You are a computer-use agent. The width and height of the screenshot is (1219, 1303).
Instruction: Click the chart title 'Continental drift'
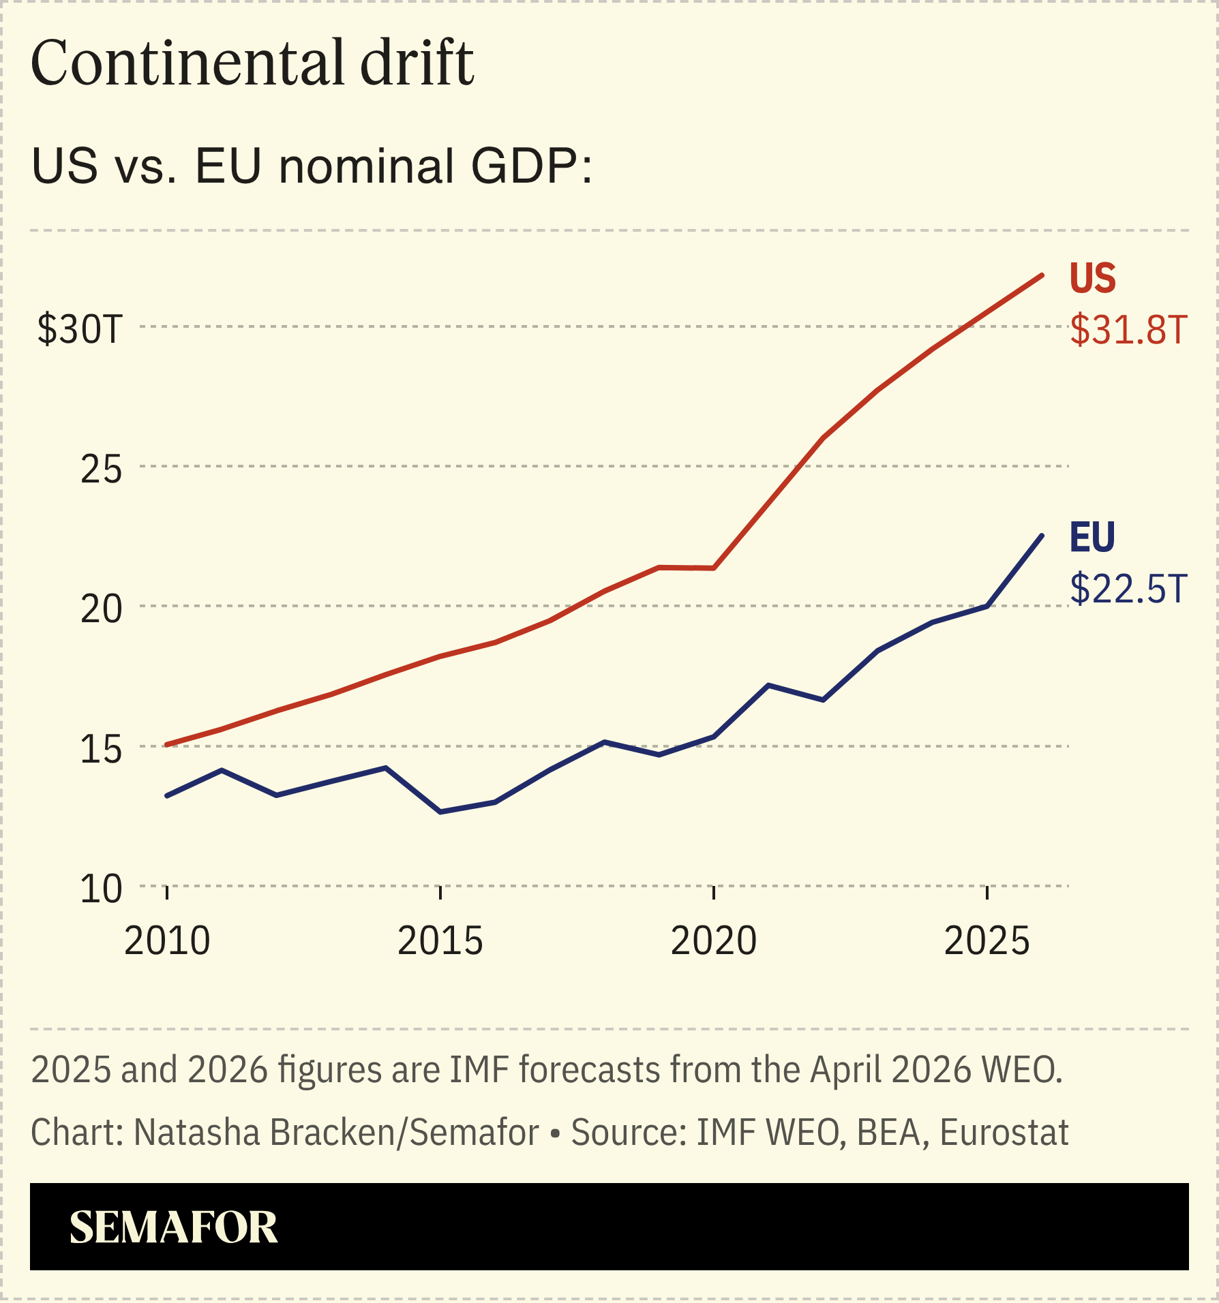pyautogui.click(x=252, y=63)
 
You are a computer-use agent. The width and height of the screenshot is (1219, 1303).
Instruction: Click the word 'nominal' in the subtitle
pyautogui.click(x=367, y=166)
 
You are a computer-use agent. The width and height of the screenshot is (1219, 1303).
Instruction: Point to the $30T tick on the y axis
pyautogui.click(x=80, y=329)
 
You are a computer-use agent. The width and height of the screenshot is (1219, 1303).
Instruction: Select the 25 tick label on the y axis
pyautogui.click(x=101, y=469)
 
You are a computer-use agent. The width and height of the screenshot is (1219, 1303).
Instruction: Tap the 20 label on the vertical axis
pyautogui.click(x=101, y=609)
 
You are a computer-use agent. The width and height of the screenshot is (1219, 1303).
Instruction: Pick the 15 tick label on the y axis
pyautogui.click(x=101, y=749)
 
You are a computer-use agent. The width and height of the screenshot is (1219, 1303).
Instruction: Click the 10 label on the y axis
pyautogui.click(x=101, y=889)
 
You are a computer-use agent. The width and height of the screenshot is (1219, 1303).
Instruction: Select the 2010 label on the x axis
pyautogui.click(x=167, y=941)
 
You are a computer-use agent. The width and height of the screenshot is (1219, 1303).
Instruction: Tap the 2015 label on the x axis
pyautogui.click(x=440, y=941)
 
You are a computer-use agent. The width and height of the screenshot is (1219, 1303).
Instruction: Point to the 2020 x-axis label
pyautogui.click(x=714, y=941)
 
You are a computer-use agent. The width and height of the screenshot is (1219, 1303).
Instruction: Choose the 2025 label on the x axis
pyautogui.click(x=987, y=941)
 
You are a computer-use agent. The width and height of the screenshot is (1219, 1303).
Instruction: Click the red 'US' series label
pyautogui.click(x=1092, y=278)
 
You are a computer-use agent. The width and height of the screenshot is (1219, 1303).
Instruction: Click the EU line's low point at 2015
pyautogui.click(x=440, y=812)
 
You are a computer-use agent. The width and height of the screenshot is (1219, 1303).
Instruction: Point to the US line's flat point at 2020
pyautogui.click(x=714, y=568)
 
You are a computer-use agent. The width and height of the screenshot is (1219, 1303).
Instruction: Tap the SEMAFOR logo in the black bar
pyautogui.click(x=174, y=1227)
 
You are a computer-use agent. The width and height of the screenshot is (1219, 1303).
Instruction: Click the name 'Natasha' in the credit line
pyautogui.click(x=177, y=1133)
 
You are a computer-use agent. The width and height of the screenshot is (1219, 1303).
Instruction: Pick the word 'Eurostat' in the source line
pyautogui.click(x=1004, y=1133)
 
